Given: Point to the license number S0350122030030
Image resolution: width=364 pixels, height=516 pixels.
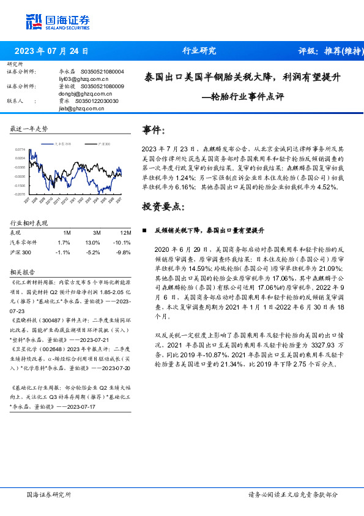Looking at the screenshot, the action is (99, 101).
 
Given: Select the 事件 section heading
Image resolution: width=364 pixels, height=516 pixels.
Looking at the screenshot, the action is (154, 131).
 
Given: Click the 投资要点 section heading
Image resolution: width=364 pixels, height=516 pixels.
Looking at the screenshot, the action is (163, 207).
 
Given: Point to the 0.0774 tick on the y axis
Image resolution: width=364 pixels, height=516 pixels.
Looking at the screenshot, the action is (20, 150).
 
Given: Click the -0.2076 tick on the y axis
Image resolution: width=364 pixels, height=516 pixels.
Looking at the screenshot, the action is (20, 194).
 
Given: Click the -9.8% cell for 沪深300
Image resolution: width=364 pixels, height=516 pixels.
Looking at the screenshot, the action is (124, 252).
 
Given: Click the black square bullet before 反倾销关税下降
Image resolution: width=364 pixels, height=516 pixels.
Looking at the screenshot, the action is (144, 230).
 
